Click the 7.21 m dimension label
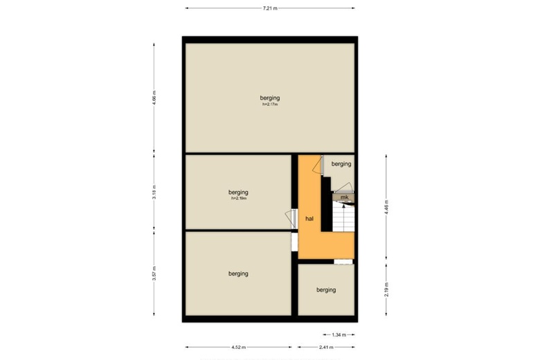pyautogui.click(x=270, y=8)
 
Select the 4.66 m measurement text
pyautogui.click(x=155, y=97)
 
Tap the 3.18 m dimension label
pyautogui.click(x=155, y=192)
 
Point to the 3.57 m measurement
pyautogui.click(x=155, y=275)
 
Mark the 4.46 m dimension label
pyautogui.click(x=386, y=208)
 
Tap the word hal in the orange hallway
pyautogui.click(x=309, y=219)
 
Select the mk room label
pyautogui.click(x=343, y=198)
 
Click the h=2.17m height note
pyautogui.click(x=270, y=105)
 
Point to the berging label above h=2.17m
pyautogui.click(x=270, y=98)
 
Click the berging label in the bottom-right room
pyautogui.click(x=325, y=290)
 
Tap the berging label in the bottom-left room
pyautogui.click(x=238, y=274)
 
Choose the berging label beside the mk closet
pyautogui.click(x=341, y=164)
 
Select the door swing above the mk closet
pyautogui.click(x=344, y=187)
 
